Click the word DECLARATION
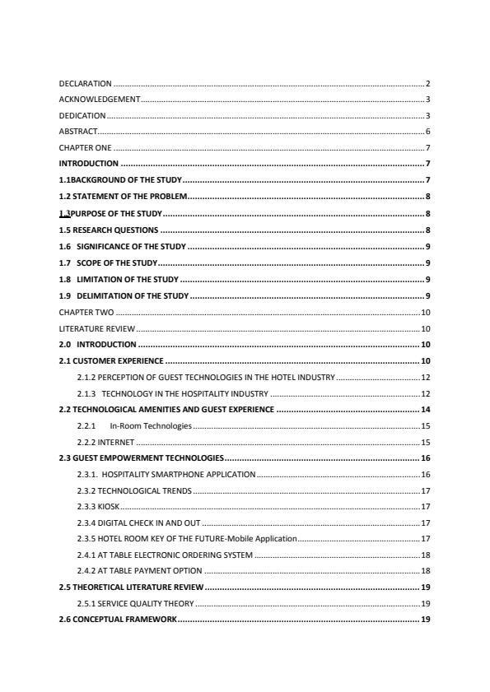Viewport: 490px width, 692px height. point(86,84)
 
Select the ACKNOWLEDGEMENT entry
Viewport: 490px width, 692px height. point(100,100)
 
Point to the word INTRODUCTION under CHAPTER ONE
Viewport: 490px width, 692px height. point(88,164)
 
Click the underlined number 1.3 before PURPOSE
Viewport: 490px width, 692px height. point(65,212)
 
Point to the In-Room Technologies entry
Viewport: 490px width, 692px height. point(151,425)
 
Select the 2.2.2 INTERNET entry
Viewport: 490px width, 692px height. point(105,442)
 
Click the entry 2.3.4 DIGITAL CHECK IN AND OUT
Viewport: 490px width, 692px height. point(138,522)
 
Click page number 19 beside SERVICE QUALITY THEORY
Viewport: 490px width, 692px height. point(426,603)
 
